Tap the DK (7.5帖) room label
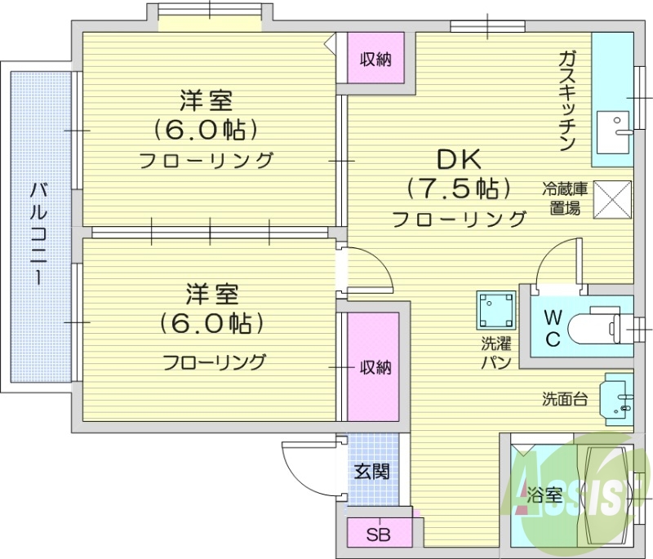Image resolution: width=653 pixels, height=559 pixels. (459, 174)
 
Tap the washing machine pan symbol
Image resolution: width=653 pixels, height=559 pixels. (496, 310)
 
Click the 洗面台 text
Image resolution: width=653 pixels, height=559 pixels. (563, 399)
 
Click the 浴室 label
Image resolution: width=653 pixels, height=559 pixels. (544, 494)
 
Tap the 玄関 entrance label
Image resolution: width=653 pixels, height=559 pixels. (371, 471)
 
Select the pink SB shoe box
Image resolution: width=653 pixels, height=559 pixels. (378, 535)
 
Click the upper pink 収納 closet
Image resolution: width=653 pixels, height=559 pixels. (376, 59)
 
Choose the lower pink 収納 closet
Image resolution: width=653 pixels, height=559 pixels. (375, 367)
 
